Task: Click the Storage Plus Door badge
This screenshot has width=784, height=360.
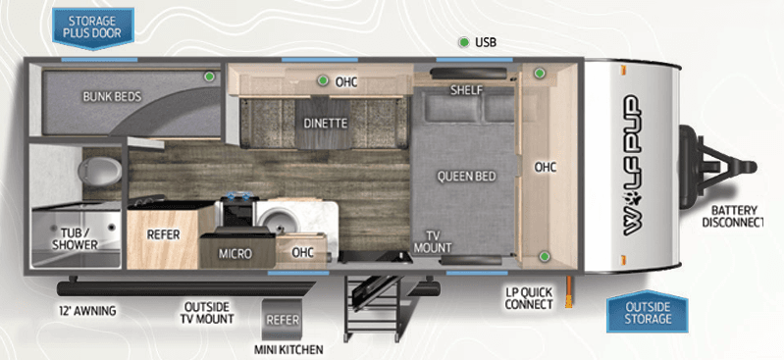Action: tap(93, 28)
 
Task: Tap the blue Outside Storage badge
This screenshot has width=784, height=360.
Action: tap(648, 313)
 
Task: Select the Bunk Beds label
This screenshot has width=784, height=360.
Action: tap(112, 96)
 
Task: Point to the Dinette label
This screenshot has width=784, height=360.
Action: tap(325, 123)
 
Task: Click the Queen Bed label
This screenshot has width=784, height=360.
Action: tap(466, 176)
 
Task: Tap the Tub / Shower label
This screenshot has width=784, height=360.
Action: tap(76, 239)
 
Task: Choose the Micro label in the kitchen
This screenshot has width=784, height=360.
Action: tap(235, 254)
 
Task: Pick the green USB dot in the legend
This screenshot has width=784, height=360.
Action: tap(464, 42)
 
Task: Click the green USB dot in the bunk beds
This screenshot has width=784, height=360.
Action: tap(210, 77)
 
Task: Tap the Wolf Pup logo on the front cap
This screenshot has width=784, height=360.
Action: tap(632, 165)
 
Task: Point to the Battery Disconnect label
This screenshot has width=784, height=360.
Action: tap(733, 217)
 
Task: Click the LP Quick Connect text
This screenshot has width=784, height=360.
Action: tap(529, 298)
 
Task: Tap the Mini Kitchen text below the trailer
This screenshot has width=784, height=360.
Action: tap(288, 349)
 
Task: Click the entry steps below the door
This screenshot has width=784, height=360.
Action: tap(374, 306)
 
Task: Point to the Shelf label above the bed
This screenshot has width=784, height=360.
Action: tap(466, 90)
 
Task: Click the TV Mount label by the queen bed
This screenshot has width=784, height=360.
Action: tap(433, 242)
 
